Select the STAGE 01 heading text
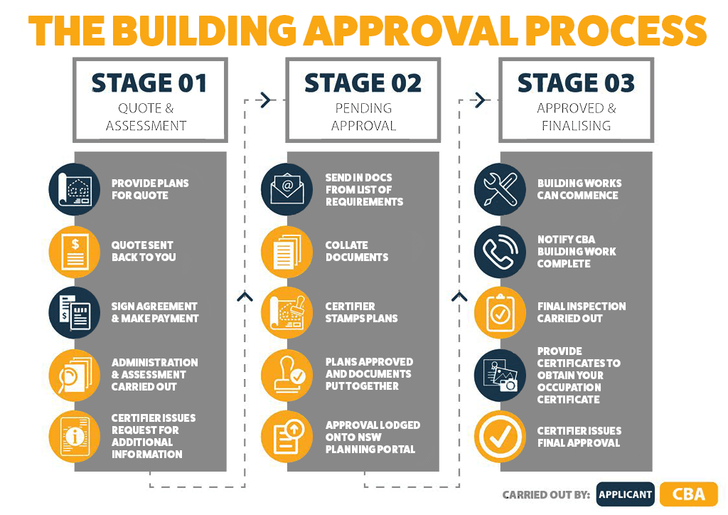pos(149,84)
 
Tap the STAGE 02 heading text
pos(363,83)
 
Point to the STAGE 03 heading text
pos(576,83)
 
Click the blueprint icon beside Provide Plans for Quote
pos(74,189)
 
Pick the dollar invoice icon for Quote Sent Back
pos(74,252)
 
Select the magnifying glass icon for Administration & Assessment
pos(74,375)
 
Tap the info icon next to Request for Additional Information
pos(74,436)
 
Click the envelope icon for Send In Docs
pos(287,189)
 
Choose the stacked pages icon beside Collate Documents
pos(287,252)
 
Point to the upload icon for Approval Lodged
pos(287,436)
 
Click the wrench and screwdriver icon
pos(500,189)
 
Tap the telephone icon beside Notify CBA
pos(500,252)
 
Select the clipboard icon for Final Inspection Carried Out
pos(500,312)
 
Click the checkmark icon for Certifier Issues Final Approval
pos(500,436)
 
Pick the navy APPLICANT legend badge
pos(626,494)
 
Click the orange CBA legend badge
pos(689,494)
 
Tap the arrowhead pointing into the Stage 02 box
pos(266,100)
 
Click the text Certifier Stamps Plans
pos(361,312)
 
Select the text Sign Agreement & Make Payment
pos(154,312)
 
